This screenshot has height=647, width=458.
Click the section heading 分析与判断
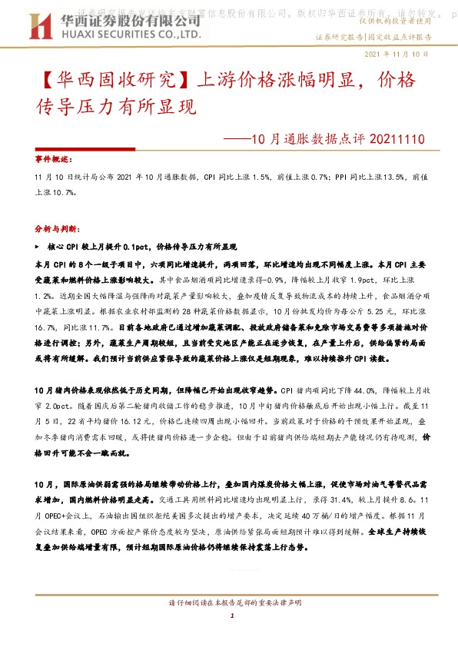pos(56,229)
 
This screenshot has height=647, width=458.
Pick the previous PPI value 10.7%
pos(66,193)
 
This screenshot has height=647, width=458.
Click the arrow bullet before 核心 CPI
pos(38,248)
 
